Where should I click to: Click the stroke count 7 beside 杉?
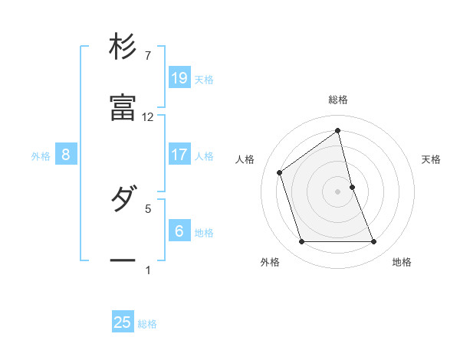coord(147,56)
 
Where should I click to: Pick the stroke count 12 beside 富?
coord(148,117)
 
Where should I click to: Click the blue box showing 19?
coord(179,77)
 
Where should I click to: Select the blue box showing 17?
coord(179,155)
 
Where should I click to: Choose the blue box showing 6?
coord(179,231)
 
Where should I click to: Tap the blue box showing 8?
coord(66,155)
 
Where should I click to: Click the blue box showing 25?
coord(123,322)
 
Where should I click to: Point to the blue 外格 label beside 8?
coord(41,156)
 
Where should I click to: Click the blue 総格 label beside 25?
coord(147,324)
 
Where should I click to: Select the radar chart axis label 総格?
coord(338,100)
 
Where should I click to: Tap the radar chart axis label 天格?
coord(432,159)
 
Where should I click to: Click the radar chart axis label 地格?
coord(402,262)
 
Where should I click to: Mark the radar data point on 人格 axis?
coord(280,172)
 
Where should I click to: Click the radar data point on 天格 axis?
coord(352,186)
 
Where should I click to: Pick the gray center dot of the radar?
coord(338,191)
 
